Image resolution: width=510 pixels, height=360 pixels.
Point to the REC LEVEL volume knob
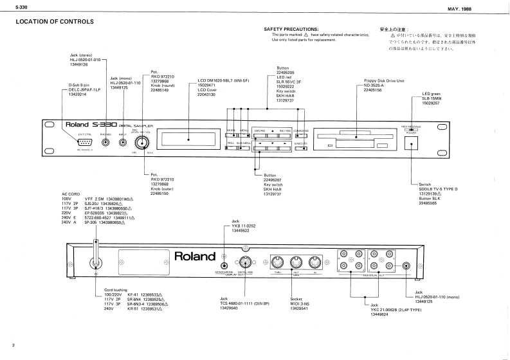(x=141, y=138)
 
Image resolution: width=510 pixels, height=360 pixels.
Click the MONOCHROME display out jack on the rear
(x=224, y=264)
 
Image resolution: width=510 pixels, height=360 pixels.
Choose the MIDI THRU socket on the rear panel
(x=278, y=262)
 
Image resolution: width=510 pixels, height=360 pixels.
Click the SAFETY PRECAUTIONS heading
(x=291, y=30)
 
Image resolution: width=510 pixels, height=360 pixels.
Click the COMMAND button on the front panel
(x=300, y=130)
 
